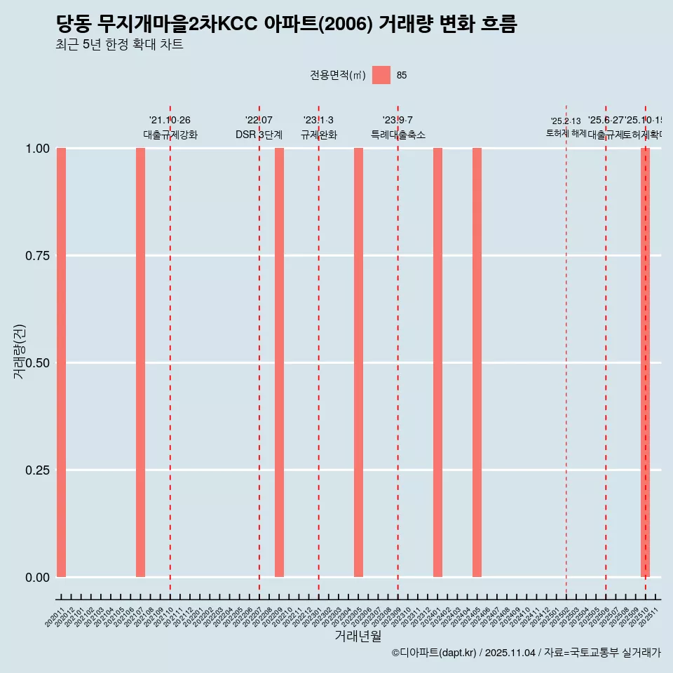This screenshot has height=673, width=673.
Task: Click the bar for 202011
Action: [x=61, y=362]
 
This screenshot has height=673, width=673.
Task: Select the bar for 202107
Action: [x=140, y=362]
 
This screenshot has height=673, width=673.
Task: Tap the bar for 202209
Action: [x=279, y=362]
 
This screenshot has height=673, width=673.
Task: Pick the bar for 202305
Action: [x=358, y=362]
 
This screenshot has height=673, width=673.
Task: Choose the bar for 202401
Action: [x=437, y=362]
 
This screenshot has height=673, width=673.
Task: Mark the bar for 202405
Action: [x=477, y=362]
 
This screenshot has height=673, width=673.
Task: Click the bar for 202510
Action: [x=645, y=362]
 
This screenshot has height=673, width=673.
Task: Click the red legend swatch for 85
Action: [x=381, y=75]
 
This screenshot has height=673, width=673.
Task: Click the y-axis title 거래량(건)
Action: [x=19, y=351]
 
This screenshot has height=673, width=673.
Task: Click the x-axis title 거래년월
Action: [x=358, y=636]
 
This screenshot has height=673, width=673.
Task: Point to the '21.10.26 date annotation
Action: [x=170, y=121]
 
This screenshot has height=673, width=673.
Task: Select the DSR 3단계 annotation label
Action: [x=259, y=135]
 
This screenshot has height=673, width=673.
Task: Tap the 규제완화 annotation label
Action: [x=318, y=135]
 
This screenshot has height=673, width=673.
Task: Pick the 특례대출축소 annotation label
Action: [x=397, y=135]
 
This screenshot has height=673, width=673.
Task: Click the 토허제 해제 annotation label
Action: [x=566, y=133]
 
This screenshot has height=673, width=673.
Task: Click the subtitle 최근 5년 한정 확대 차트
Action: [x=119, y=45]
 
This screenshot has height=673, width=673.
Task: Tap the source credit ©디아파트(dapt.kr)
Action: [x=434, y=653]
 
